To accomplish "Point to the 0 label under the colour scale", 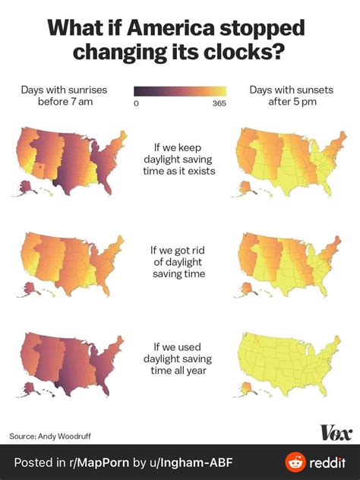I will [136, 104].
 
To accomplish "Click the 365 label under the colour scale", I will [219, 104].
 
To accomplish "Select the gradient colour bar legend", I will [180, 91].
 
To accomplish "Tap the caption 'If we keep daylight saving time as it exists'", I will [180, 158].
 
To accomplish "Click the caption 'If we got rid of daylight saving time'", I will [179, 261].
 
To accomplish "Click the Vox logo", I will [336, 432].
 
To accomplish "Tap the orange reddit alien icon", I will [295, 462].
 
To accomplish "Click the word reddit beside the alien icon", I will [327, 462].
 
